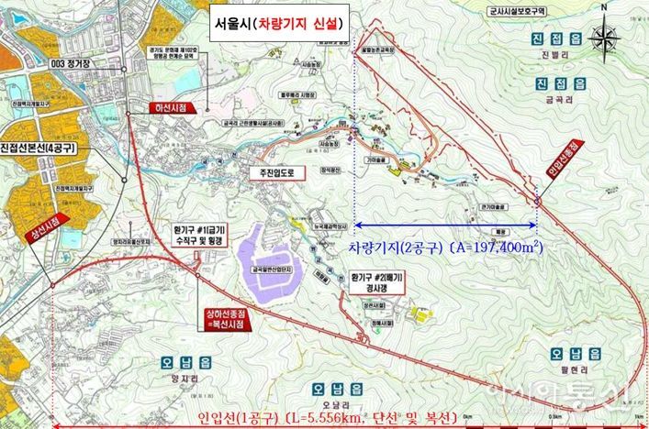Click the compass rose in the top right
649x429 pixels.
[x=604, y=38]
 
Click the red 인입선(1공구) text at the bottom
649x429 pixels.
[x=326, y=418]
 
